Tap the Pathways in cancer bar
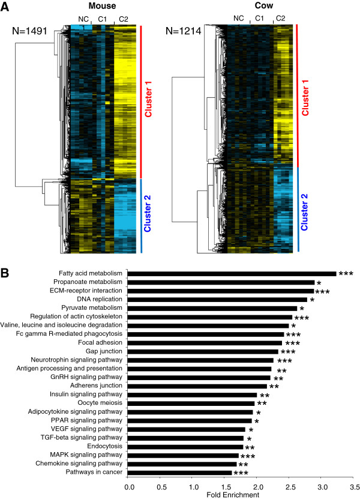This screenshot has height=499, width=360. [179, 473]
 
